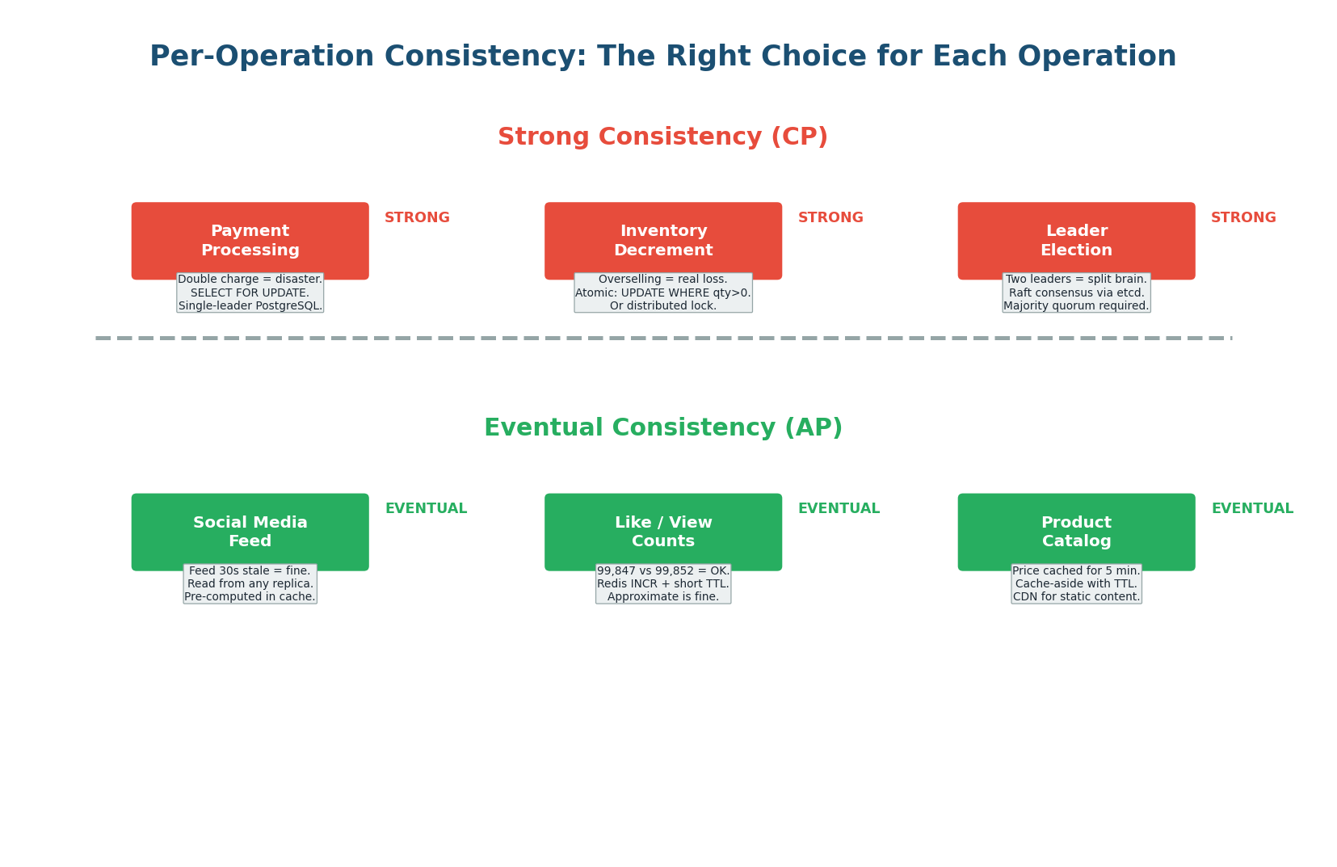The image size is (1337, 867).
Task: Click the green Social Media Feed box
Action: [250, 531]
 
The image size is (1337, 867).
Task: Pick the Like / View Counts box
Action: [662, 531]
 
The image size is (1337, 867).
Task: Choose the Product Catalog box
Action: [1076, 531]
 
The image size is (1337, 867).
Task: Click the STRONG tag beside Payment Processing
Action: [417, 218]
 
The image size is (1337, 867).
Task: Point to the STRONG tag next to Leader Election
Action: [1243, 218]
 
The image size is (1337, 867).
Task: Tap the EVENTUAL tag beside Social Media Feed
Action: [426, 509]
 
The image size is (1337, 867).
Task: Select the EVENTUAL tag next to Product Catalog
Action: [1252, 509]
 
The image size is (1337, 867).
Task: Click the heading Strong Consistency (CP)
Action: [662, 137]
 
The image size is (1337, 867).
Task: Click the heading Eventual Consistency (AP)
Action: [662, 428]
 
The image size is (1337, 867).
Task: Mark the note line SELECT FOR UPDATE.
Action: [250, 293]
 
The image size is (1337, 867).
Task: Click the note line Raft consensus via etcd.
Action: [1076, 293]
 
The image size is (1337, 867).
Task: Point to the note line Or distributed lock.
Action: [662, 306]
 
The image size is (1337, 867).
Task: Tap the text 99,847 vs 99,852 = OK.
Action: [662, 570]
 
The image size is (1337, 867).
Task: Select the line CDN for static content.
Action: [1076, 597]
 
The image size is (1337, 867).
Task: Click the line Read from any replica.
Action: [250, 583]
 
